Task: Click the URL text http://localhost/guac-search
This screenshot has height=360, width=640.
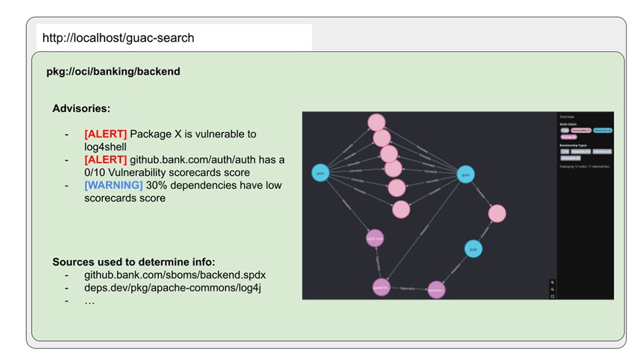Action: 118,38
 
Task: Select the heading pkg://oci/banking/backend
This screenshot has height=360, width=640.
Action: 113,71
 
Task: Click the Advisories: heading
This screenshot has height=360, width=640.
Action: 82,108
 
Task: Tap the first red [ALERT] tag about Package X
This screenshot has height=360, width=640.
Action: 105,134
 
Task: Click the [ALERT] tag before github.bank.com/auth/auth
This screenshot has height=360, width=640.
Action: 105,159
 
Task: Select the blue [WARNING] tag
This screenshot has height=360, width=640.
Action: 113,185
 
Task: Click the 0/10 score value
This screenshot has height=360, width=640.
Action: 98,172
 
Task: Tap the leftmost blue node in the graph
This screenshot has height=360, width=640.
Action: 321,173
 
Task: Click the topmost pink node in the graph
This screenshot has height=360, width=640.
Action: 376,122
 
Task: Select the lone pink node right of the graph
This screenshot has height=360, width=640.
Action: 497,214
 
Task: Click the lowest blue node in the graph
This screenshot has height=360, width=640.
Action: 474,249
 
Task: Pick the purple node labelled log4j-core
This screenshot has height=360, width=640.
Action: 375,238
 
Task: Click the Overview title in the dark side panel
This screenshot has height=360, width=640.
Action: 568,117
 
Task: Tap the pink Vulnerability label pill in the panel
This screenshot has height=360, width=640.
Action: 581,130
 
